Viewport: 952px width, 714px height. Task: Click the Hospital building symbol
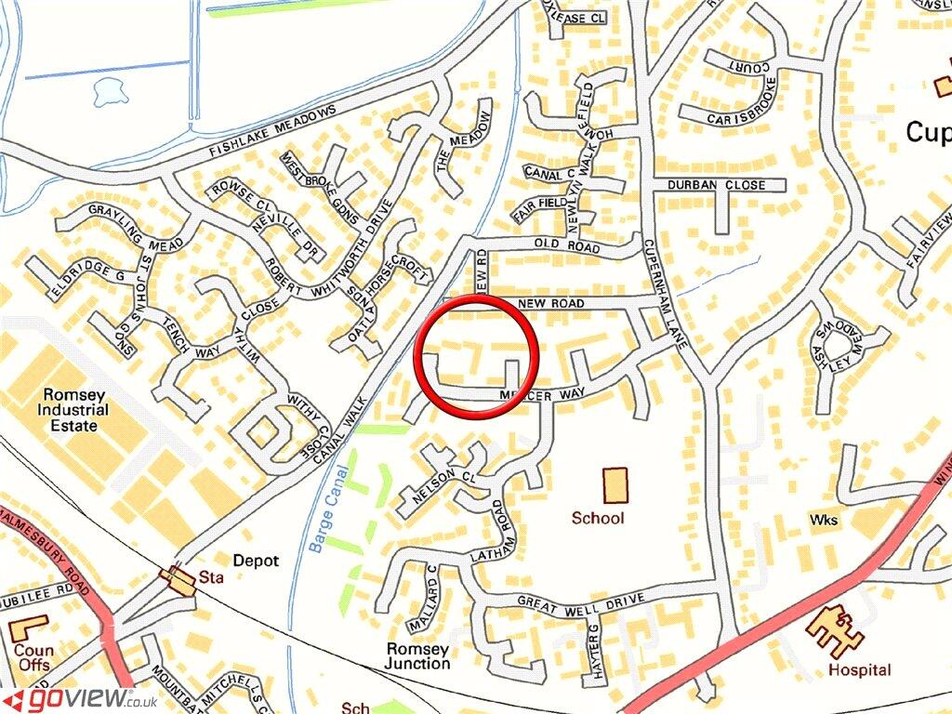(834, 632)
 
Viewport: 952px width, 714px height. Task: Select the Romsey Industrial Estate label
(73, 409)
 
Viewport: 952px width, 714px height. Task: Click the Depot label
(256, 561)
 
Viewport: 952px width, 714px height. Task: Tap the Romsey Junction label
(418, 656)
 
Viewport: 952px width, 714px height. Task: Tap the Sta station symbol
(176, 577)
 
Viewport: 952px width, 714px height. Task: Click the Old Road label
(566, 245)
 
